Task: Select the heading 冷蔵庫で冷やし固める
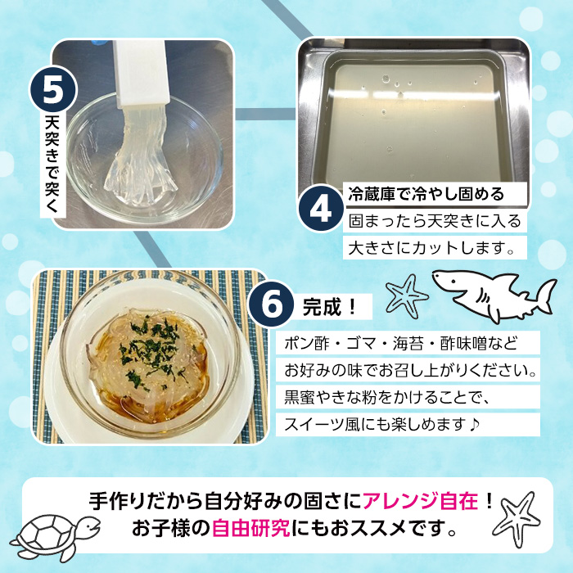426,194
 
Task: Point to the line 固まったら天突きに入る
434,220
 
